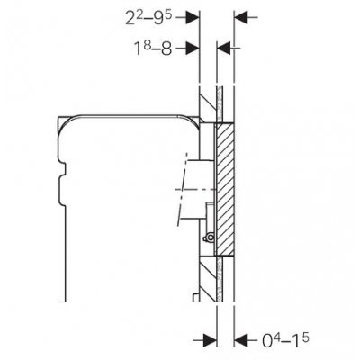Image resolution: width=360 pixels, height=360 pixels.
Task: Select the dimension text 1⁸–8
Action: [x=153, y=48]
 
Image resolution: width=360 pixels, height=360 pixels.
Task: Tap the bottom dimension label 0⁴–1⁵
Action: [x=285, y=339]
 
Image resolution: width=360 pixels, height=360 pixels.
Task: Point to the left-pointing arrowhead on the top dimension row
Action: [x=241, y=17]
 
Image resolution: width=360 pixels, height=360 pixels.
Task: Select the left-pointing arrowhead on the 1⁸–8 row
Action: [x=223, y=48]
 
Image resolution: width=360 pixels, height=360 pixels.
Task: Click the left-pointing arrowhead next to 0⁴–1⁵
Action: [x=241, y=340]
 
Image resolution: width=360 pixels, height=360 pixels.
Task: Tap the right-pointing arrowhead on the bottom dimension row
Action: [x=210, y=340]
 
